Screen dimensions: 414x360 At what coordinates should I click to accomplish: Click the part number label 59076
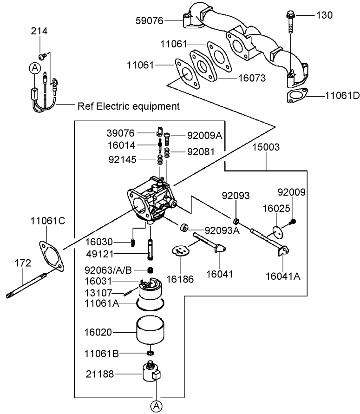[149, 20]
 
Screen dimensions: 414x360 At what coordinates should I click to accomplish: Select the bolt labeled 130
[290, 23]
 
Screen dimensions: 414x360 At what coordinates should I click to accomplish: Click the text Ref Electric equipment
[128, 106]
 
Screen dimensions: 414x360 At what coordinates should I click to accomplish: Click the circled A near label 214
[34, 68]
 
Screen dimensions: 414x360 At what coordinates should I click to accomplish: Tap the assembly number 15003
[266, 147]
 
